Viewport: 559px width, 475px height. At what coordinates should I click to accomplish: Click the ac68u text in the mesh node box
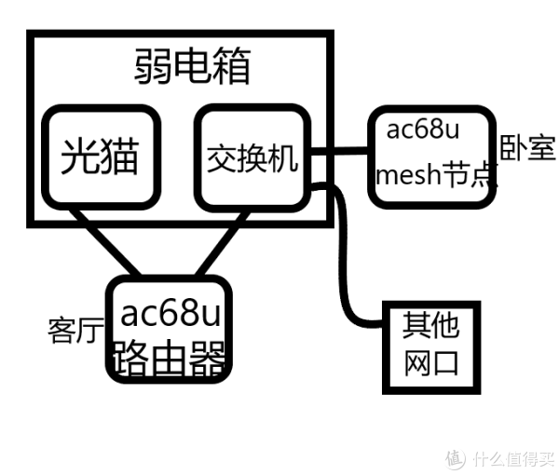pos(423,128)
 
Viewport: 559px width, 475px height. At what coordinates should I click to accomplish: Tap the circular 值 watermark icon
pos(455,458)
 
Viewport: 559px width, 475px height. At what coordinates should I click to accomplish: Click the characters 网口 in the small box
pos(431,362)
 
